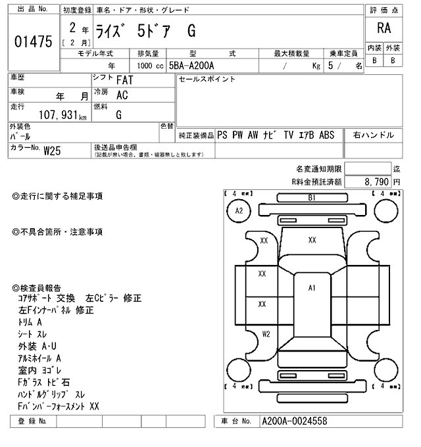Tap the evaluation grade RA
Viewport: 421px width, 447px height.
pyautogui.click(x=383, y=29)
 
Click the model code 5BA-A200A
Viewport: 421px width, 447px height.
pyautogui.click(x=194, y=66)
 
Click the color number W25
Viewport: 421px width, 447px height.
pyautogui.click(x=52, y=151)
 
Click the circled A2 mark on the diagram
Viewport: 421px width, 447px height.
pyautogui.click(x=239, y=210)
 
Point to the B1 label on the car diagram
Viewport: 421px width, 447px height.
pyautogui.click(x=312, y=198)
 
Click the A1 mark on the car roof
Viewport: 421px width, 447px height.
pyautogui.click(x=312, y=288)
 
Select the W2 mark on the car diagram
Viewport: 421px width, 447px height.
pyautogui.click(x=266, y=334)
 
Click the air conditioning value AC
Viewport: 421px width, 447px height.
pyautogui.click(x=122, y=95)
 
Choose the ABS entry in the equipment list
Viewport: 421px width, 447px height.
pyautogui.click(x=327, y=135)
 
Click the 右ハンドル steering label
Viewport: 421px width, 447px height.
pyautogui.click(x=374, y=135)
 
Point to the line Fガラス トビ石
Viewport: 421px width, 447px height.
pyautogui.click(x=44, y=382)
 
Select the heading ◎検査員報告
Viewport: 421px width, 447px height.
pyautogui.click(x=37, y=288)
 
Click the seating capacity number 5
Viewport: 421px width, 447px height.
pyautogui.click(x=331, y=66)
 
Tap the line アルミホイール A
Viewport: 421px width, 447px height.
pyautogui.click(x=40, y=358)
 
